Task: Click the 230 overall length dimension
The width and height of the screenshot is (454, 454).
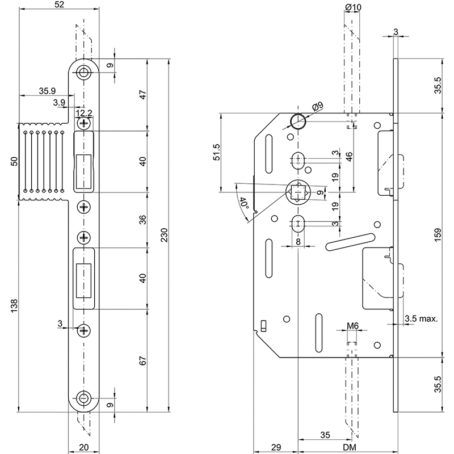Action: click(x=164, y=235)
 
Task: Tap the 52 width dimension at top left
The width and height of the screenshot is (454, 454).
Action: click(x=59, y=5)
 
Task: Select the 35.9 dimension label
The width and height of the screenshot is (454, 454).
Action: click(x=47, y=91)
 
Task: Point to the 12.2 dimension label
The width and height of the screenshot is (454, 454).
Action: click(x=84, y=112)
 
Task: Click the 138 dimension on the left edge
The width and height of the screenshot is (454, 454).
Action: click(x=14, y=306)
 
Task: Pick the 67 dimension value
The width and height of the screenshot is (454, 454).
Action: click(x=143, y=361)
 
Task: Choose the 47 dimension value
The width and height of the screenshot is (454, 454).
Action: click(x=143, y=95)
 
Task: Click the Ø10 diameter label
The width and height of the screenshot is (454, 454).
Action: click(x=353, y=7)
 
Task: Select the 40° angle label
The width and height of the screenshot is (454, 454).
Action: click(x=244, y=203)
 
